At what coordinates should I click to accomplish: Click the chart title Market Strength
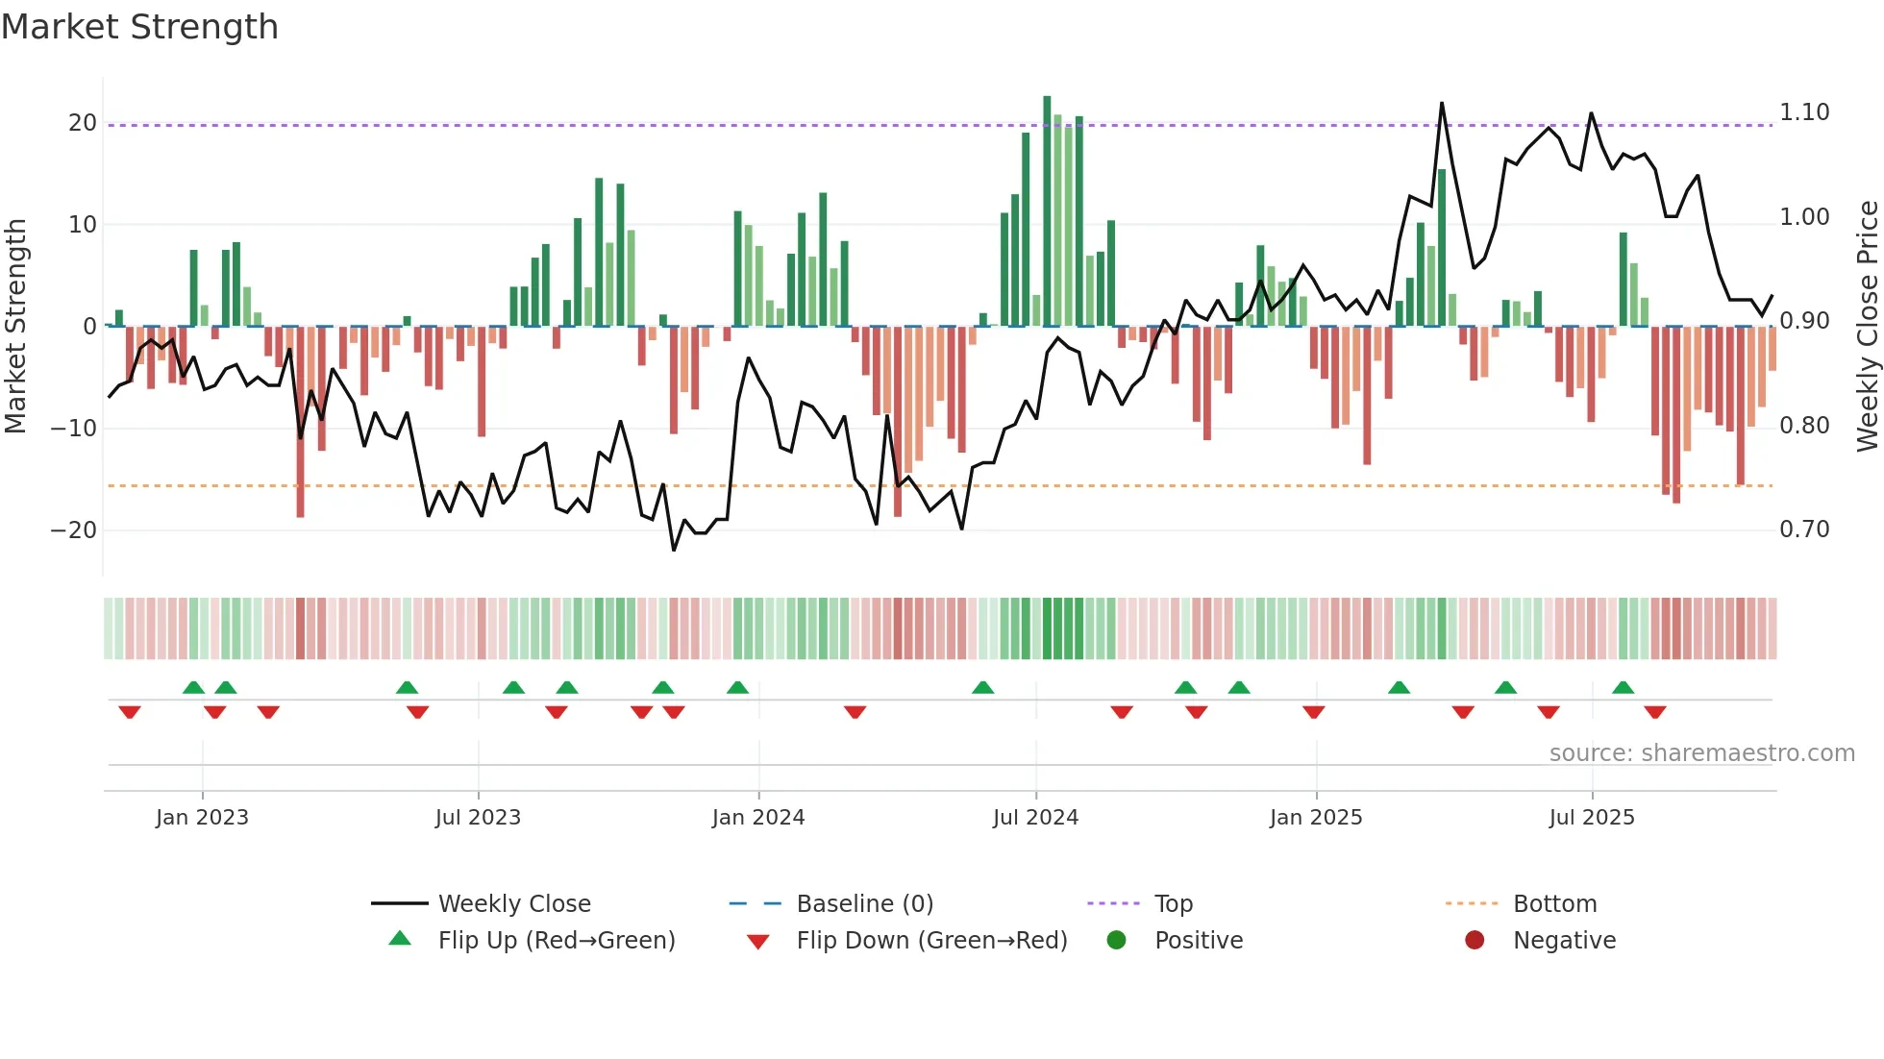140,27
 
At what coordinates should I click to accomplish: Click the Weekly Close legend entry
513,903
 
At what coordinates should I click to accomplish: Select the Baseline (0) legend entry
864,903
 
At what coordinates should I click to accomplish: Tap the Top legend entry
1173,903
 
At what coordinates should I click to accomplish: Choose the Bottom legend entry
1554,903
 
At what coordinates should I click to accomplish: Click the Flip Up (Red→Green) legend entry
556,940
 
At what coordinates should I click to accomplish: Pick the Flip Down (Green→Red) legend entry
930,940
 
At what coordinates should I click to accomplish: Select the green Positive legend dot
1116,940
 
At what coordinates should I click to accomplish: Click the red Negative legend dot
1475,940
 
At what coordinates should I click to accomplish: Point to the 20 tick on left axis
83,123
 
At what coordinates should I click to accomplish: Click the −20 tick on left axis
75,530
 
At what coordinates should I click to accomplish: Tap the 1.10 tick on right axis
1804,112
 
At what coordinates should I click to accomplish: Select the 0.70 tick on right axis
1804,529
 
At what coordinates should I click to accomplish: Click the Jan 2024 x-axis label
758,818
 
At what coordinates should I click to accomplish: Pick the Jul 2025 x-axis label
1592,818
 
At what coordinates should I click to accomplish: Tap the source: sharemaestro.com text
1701,753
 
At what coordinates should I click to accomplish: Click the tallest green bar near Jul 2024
1047,211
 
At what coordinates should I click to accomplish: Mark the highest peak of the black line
1442,103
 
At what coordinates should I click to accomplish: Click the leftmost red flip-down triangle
130,712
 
